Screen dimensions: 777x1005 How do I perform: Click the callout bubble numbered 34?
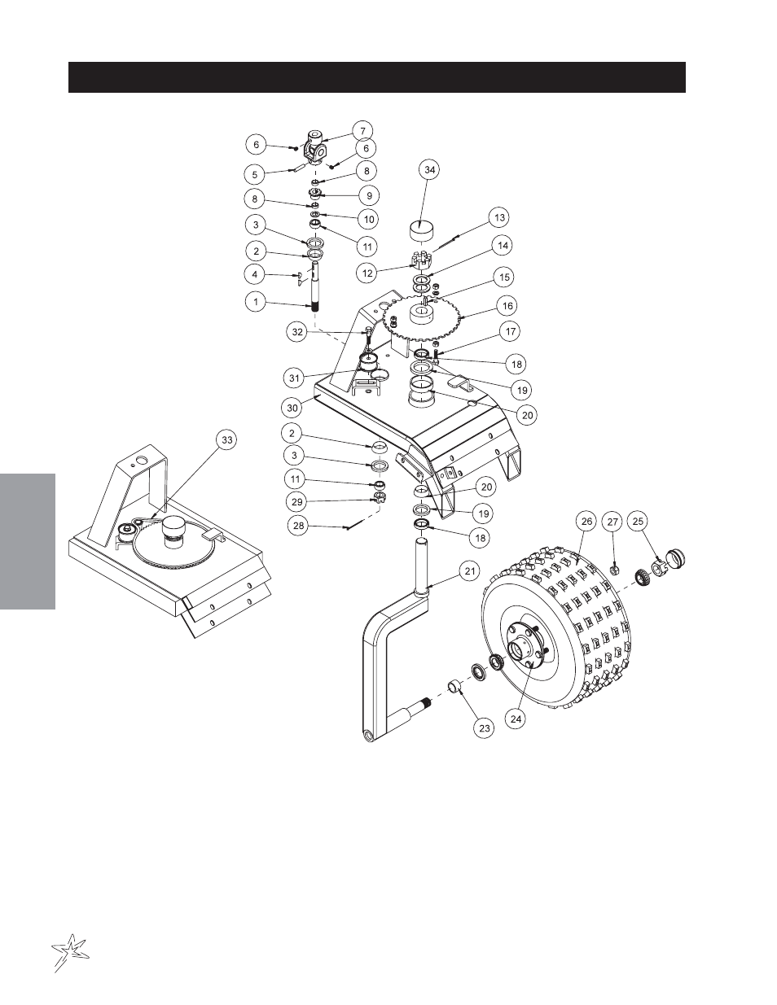[x=430, y=170]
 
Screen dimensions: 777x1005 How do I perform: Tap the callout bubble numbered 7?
[x=362, y=131]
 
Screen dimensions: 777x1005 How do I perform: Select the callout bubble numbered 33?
[x=226, y=439]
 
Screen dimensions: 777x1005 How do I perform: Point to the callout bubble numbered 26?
[x=586, y=522]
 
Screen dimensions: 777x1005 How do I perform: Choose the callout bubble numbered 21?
[x=470, y=571]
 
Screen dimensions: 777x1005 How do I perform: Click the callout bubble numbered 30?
[x=293, y=408]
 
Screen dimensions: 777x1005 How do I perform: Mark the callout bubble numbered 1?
[x=257, y=302]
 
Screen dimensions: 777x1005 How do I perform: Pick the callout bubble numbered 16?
[x=507, y=306]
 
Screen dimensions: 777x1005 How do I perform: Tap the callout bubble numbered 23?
[x=484, y=728]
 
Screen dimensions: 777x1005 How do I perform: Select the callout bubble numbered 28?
[x=299, y=526]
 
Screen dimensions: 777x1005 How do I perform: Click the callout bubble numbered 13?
[x=500, y=217]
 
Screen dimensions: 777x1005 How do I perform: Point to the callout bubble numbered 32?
[x=297, y=332]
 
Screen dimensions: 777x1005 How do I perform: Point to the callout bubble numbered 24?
[x=516, y=719]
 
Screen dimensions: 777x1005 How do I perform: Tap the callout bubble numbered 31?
[x=295, y=378]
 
